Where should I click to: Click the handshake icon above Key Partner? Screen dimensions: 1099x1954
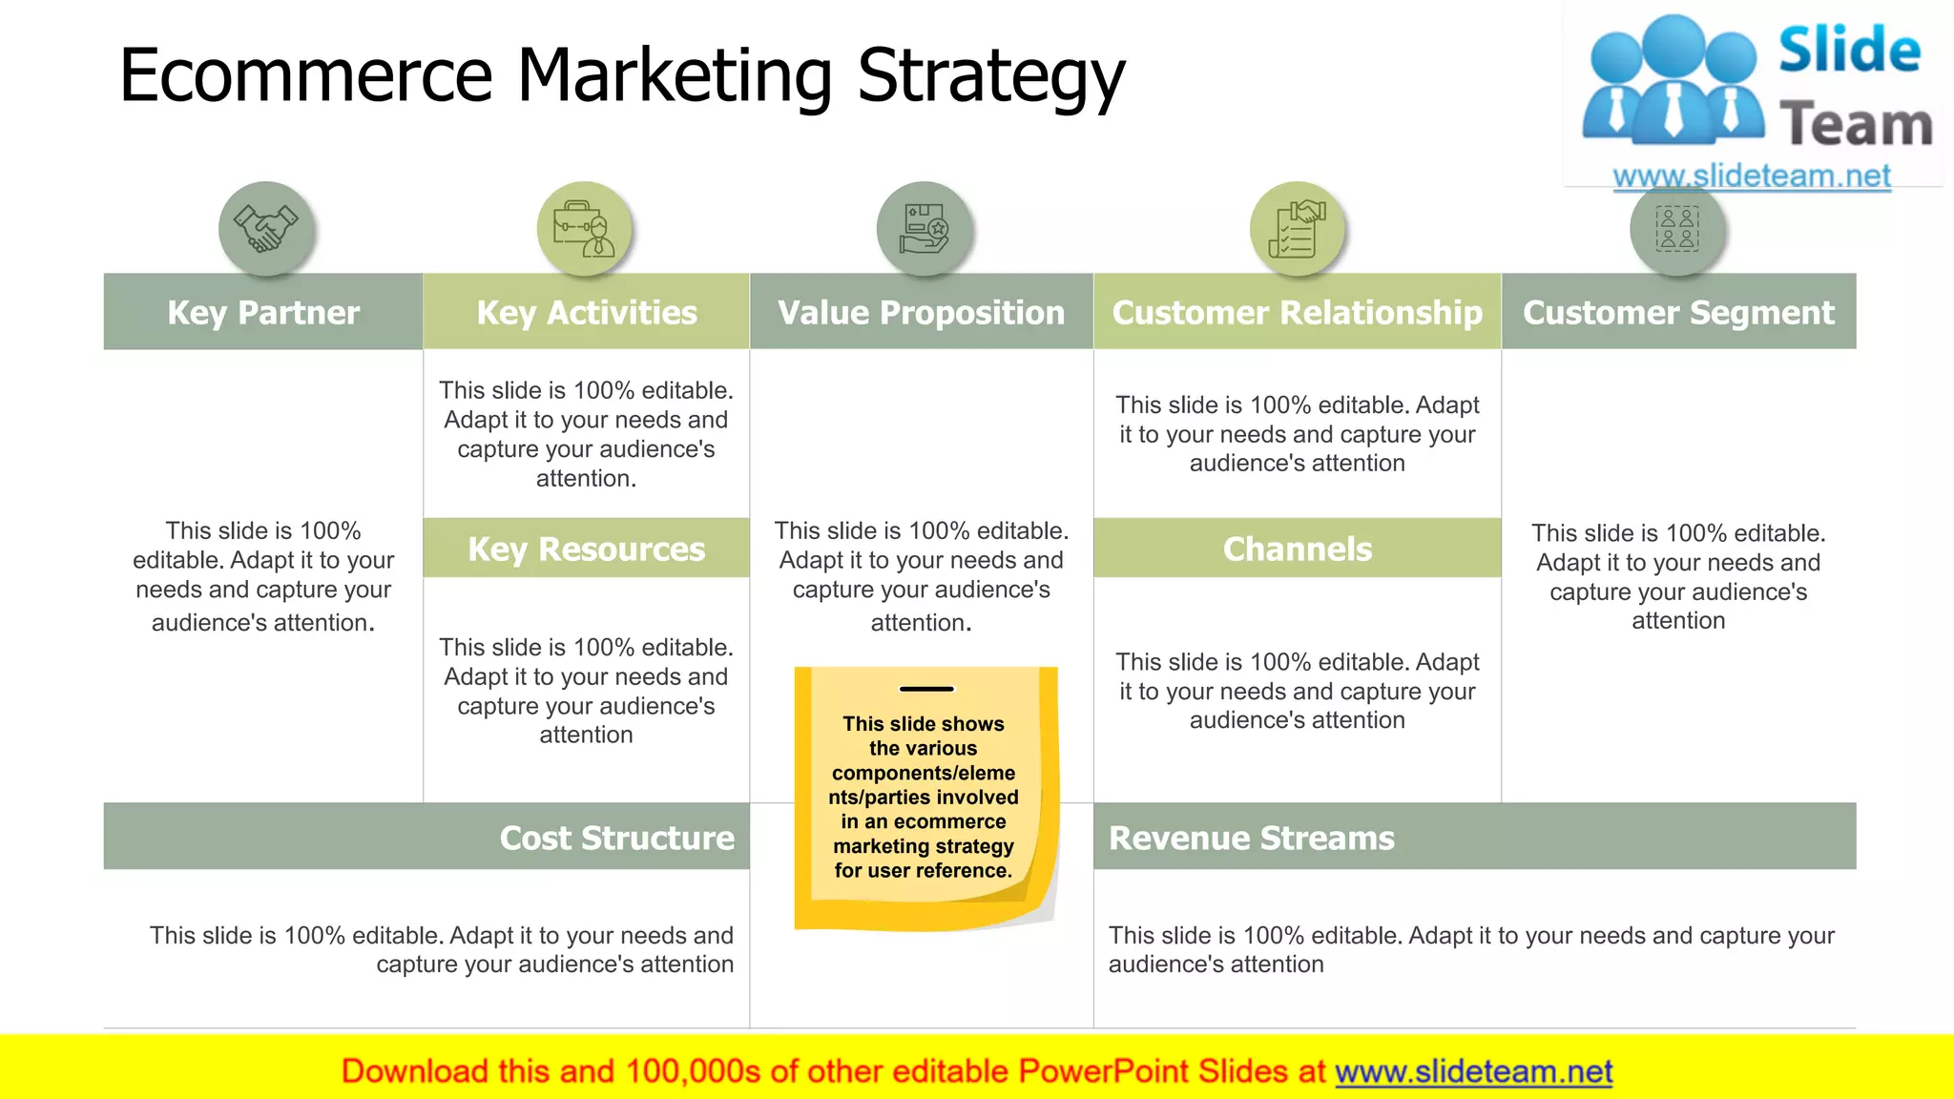(266, 229)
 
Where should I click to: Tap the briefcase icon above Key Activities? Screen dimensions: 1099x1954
(585, 229)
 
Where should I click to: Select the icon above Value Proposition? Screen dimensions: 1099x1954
(924, 229)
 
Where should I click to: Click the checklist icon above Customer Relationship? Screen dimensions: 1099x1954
(1297, 229)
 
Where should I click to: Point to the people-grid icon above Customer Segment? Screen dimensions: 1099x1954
(1677, 229)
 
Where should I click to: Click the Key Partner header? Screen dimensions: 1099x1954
(263, 312)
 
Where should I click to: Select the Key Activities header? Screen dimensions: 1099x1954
(587, 312)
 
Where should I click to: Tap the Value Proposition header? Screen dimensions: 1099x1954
(921, 312)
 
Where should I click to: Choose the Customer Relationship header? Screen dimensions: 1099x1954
(1298, 312)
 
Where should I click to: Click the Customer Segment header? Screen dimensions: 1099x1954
(1678, 312)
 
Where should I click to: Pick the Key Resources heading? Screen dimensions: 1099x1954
(586, 549)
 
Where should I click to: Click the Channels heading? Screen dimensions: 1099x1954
(1298, 549)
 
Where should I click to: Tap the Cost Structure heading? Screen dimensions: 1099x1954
(616, 838)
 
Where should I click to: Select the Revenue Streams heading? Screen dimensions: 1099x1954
(1251, 838)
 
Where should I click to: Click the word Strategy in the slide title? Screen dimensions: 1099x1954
(991, 76)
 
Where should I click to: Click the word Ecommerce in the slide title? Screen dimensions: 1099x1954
(305, 76)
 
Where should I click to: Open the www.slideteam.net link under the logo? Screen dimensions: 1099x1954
(1752, 176)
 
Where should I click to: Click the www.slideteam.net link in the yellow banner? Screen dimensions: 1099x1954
(1473, 1071)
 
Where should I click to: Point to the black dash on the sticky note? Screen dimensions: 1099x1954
(926, 689)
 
